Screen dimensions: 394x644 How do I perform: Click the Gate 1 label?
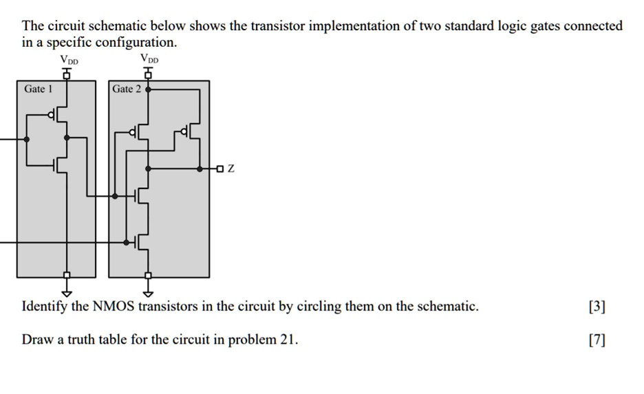click(x=38, y=89)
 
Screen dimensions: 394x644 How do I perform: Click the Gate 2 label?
click(x=127, y=89)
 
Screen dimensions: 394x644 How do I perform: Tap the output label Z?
click(x=230, y=168)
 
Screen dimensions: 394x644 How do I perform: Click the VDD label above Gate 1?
click(x=69, y=60)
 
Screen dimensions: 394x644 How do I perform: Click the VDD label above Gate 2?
click(x=149, y=58)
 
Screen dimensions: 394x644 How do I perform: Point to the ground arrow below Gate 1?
click(x=67, y=288)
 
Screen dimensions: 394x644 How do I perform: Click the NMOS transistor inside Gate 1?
click(x=60, y=164)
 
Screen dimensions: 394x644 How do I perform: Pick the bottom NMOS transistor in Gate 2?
click(x=142, y=241)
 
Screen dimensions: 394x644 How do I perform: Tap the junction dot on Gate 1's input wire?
click(x=26, y=139)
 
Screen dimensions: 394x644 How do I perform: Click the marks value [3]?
click(x=597, y=307)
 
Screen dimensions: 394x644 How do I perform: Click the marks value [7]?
click(x=597, y=340)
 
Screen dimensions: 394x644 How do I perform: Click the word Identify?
click(x=44, y=307)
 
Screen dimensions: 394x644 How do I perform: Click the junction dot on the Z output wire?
click(x=200, y=168)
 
